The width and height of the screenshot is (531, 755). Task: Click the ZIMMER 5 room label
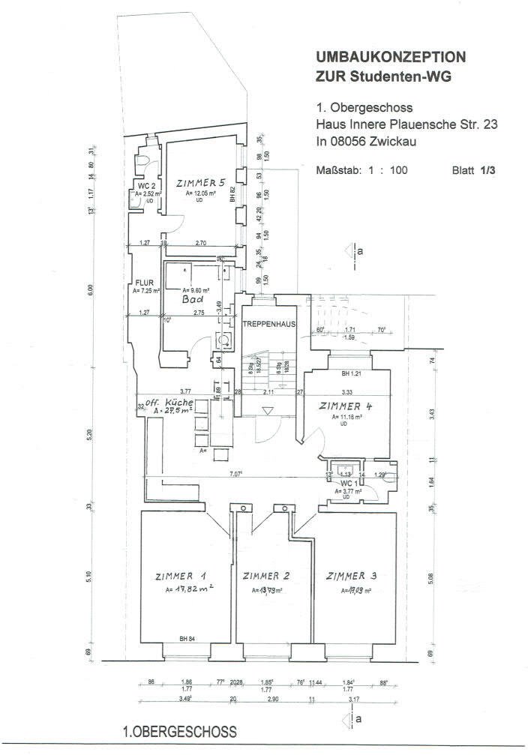click(200, 183)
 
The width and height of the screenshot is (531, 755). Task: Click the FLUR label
click(144, 283)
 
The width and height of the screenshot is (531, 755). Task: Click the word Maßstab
click(337, 170)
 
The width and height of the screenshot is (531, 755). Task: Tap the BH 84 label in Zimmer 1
click(187, 639)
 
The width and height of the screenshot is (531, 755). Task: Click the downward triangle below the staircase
click(268, 411)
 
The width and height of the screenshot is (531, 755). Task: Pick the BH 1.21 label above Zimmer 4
click(352, 373)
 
